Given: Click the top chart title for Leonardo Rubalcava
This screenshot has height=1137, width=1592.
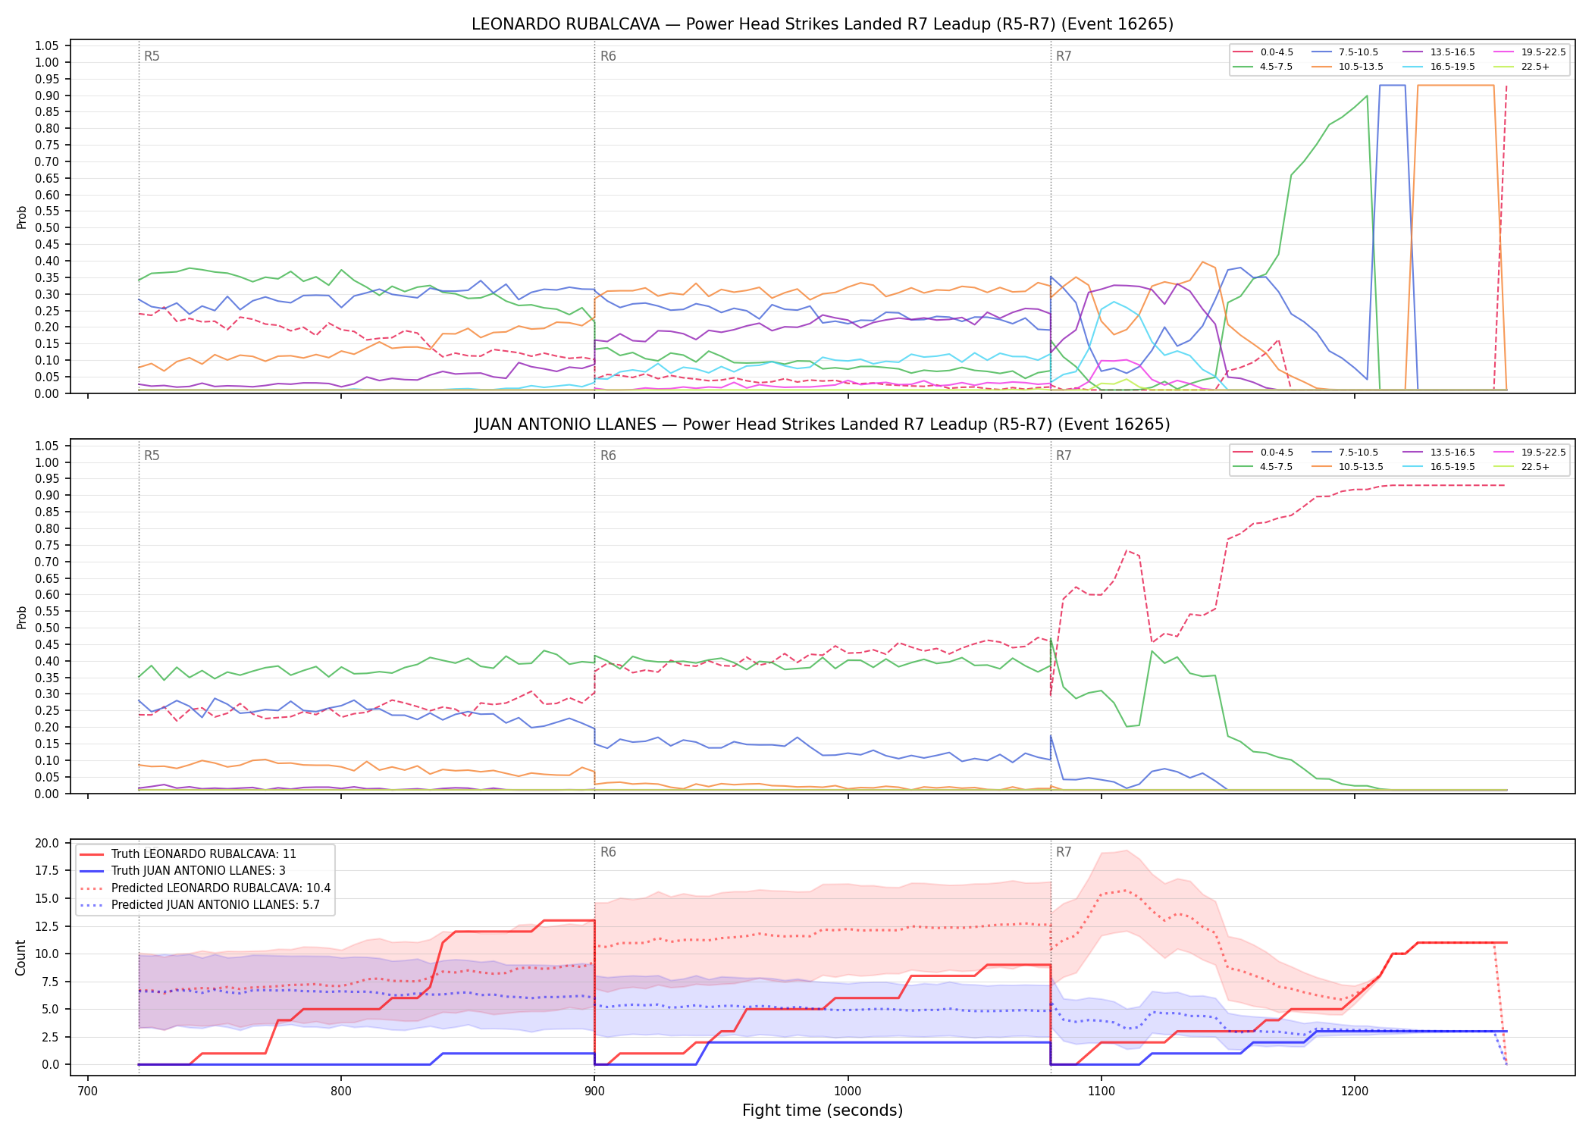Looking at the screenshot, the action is click(822, 24).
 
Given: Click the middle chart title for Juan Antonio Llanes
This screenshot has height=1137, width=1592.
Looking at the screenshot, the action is click(822, 424).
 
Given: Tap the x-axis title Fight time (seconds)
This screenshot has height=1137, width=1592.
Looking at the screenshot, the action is click(823, 1110).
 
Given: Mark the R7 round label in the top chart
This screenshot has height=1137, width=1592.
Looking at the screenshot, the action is click(1064, 56).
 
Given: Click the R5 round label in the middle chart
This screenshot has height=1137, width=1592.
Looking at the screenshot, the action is click(152, 456).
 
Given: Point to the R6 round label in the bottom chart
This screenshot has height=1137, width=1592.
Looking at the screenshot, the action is click(608, 852).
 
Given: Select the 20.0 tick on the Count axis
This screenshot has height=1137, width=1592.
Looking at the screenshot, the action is click(47, 843).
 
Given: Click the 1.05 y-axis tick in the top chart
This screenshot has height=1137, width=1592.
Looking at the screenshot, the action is click(47, 46).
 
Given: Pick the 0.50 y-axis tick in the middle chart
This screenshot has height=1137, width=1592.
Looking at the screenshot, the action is click(47, 628).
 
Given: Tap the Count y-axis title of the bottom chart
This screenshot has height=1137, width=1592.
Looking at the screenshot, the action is click(20, 957).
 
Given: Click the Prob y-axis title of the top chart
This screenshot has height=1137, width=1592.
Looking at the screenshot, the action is click(22, 217).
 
